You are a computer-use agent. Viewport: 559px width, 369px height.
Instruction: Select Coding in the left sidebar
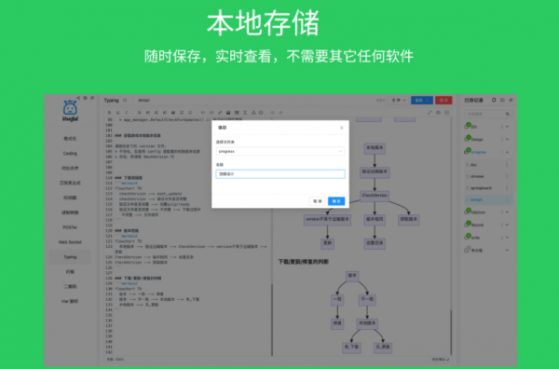coord(70,153)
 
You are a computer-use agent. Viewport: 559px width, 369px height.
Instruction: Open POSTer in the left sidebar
coord(70,226)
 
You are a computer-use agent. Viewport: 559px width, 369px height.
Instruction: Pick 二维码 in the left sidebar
coord(70,286)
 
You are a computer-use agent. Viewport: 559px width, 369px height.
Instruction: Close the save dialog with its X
coord(341,128)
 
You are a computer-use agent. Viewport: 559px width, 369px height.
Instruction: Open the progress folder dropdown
coord(279,150)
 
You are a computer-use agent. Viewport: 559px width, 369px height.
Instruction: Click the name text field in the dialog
coord(279,173)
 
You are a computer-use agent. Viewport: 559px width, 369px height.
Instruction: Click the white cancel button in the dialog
coord(318,200)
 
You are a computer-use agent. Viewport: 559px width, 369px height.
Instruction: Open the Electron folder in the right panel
coord(481,212)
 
